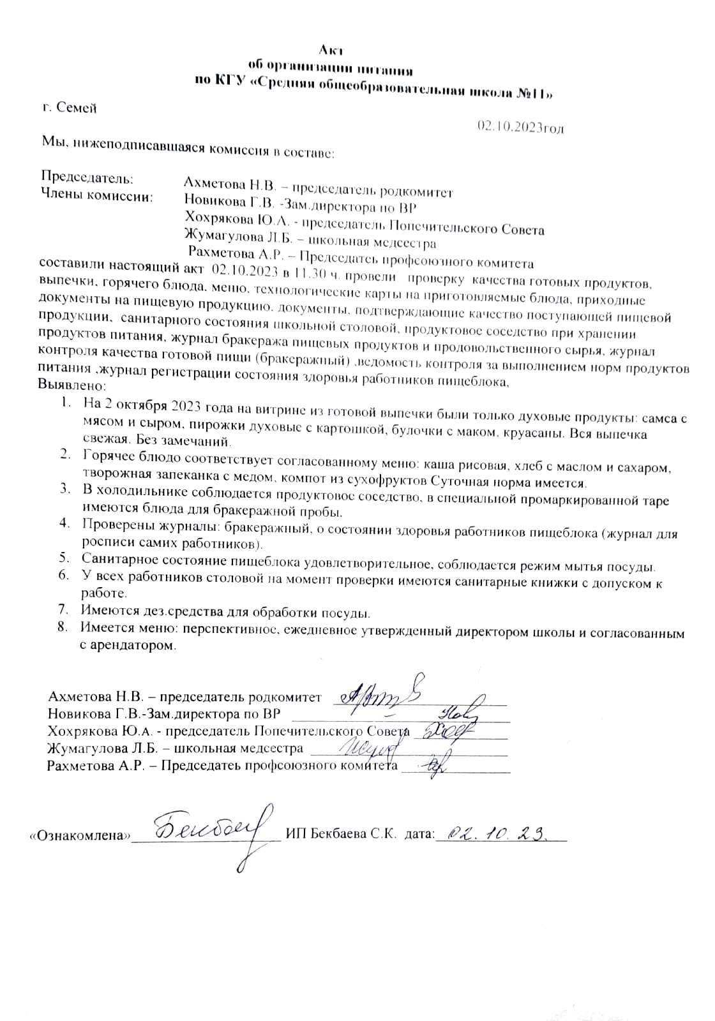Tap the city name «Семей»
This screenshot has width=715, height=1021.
[x=76, y=108]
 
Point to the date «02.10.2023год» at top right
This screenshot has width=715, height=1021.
[x=520, y=127]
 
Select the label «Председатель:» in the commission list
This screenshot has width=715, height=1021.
[x=87, y=176]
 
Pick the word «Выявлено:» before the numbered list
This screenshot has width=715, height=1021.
[x=71, y=386]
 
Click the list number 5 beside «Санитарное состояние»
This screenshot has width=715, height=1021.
[x=64, y=557]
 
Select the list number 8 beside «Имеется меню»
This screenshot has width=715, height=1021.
[x=63, y=627]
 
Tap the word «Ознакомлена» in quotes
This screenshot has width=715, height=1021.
[x=80, y=835]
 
